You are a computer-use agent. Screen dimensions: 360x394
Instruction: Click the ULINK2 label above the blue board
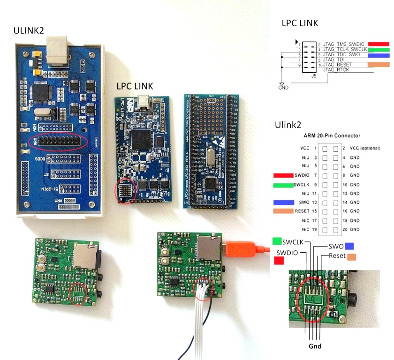29,31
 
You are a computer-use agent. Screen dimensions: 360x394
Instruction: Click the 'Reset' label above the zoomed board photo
337,256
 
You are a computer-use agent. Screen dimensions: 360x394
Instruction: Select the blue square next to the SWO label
349,246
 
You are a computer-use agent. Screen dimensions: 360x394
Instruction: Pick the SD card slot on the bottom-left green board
85,255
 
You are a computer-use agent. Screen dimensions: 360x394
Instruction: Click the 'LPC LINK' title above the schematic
300,23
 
